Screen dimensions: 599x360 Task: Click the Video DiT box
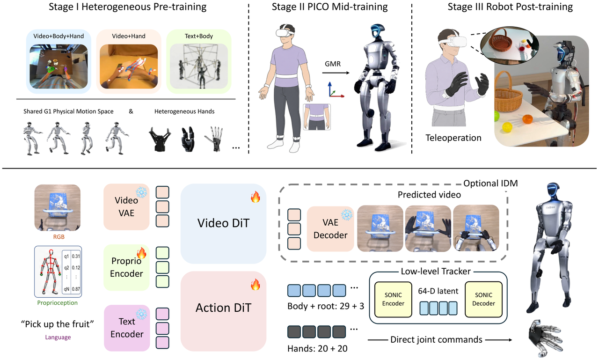tap(223, 224)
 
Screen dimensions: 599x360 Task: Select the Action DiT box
tap(223, 311)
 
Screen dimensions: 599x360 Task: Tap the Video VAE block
tap(126, 207)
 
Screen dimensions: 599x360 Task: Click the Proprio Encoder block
tap(126, 267)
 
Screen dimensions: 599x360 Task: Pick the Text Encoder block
tap(127, 328)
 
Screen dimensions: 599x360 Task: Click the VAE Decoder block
tap(330, 228)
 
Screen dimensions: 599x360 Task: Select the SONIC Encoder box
tap(393, 299)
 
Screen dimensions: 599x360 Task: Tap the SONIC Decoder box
tap(483, 299)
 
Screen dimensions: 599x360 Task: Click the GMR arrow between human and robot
tap(336, 73)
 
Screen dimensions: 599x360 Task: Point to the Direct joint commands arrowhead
tap(510, 340)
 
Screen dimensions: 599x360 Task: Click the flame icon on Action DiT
tap(256, 285)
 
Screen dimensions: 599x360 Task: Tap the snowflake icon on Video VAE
tap(141, 192)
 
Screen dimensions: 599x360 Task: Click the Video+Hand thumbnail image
tap(129, 66)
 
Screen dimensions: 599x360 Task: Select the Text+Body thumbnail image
tap(199, 66)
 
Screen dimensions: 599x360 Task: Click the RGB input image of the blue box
tap(58, 207)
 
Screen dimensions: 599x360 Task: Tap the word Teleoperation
tap(453, 138)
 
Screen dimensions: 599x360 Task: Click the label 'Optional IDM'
tap(490, 183)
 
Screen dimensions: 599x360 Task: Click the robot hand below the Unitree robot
tap(546, 338)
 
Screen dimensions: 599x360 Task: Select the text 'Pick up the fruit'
tap(58, 324)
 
